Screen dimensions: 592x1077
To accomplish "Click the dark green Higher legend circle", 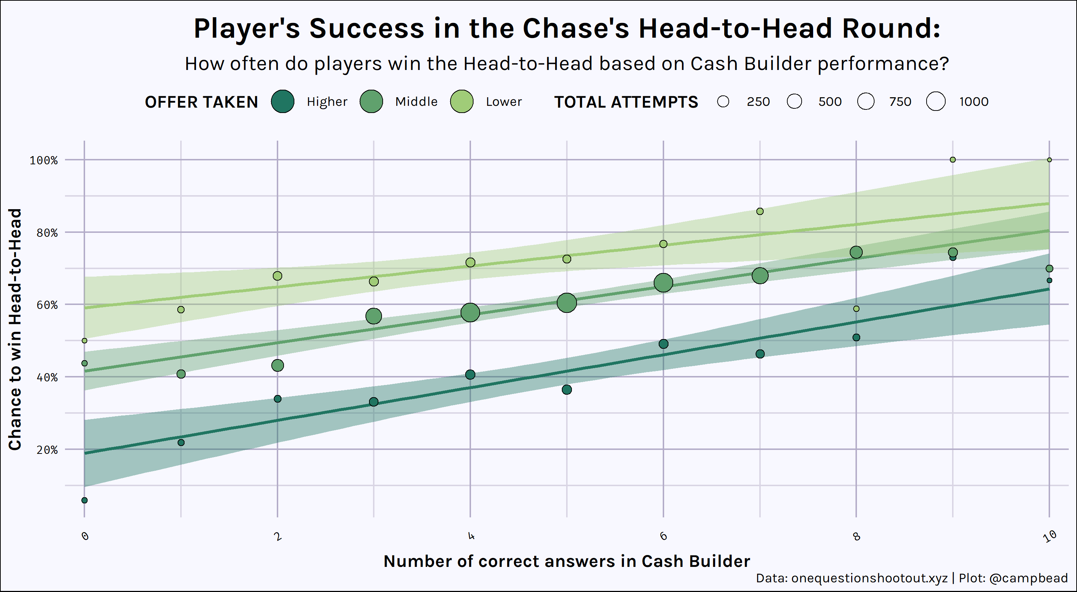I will point(283,102).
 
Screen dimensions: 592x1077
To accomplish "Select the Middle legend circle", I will point(371,102).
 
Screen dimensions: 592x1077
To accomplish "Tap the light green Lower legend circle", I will point(462,102).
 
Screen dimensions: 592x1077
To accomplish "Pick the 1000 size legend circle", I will point(936,102).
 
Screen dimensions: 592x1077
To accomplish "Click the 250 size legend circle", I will point(723,102).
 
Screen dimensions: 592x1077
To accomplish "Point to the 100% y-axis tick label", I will point(43,160).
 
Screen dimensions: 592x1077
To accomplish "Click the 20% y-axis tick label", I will point(47,450).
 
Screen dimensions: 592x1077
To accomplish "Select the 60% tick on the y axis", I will point(47,305).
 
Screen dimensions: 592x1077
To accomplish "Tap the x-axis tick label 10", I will point(1049,536).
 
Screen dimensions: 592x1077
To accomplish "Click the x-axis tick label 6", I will point(663,536).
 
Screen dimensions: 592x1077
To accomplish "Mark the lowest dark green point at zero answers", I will point(84,500).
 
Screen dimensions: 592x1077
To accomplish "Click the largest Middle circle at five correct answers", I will point(567,302).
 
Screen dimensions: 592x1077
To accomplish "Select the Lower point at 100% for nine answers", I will point(952,160).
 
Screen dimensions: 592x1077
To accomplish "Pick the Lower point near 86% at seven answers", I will point(760,211).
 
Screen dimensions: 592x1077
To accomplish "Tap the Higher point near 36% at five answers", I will point(567,389).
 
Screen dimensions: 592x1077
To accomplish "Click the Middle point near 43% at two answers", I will point(277,365).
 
